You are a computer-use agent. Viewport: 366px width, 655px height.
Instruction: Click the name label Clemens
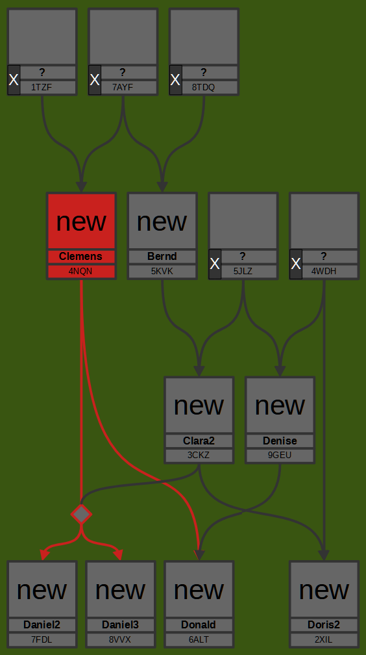coord(80,256)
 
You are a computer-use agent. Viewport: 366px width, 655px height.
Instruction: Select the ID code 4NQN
coord(80,271)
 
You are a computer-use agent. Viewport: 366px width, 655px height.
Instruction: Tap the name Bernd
coord(162,256)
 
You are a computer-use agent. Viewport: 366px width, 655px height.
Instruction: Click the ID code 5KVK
coord(162,271)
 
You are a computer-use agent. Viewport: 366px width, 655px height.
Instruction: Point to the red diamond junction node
coord(81,514)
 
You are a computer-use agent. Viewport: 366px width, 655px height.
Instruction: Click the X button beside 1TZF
coord(14,80)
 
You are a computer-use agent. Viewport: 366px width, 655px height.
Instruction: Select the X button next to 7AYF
coord(95,80)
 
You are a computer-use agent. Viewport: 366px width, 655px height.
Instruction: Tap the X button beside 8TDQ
coord(175,80)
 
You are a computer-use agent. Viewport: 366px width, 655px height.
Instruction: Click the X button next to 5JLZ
coord(215,264)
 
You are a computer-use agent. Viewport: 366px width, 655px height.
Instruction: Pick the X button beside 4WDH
coord(296,264)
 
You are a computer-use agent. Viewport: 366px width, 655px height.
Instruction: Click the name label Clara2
coord(199,441)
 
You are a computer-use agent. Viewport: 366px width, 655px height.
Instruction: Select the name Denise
coord(280,441)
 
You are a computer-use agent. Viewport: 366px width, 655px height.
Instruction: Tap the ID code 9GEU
coord(280,456)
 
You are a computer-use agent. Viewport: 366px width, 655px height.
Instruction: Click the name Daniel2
coord(42,625)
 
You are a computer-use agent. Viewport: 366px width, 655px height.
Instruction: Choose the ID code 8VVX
coord(120,639)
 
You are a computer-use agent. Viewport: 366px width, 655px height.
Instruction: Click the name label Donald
coord(199,625)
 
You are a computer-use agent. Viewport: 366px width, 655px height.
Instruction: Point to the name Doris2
coord(324,625)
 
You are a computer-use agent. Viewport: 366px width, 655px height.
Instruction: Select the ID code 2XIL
coord(324,639)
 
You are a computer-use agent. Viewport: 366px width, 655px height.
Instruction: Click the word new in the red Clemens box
coord(81,222)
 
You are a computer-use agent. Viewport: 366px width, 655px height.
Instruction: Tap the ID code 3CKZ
coord(199,456)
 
